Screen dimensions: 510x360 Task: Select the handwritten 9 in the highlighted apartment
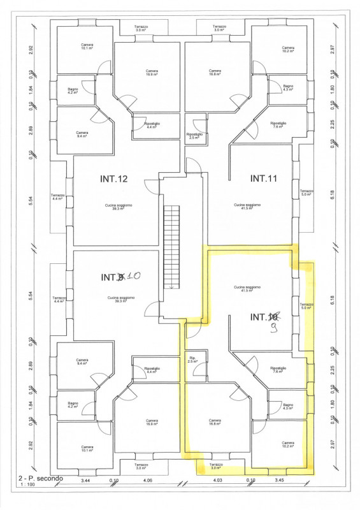pyautogui.click(x=274, y=329)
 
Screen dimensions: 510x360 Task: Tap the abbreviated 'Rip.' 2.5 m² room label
pyautogui.click(x=193, y=361)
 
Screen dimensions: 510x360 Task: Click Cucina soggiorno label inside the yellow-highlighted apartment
pyautogui.click(x=248, y=289)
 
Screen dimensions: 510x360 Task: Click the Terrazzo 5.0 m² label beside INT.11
pyautogui.click(x=307, y=193)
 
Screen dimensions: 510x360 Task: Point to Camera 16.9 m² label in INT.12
pyautogui.click(x=152, y=73)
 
